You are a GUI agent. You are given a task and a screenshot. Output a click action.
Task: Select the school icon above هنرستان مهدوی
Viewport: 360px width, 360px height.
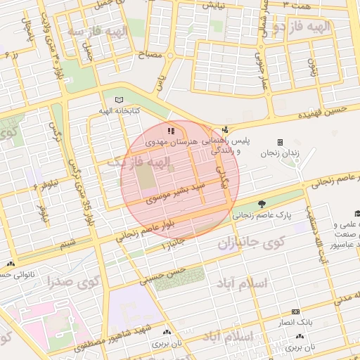pos(169,130)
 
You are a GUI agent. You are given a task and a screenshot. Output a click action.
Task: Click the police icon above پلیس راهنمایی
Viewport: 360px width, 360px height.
pos(225,129)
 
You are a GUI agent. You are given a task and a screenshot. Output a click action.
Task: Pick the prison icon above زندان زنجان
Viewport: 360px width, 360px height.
pos(280,142)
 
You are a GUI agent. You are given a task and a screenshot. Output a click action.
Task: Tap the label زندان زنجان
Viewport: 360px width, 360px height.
pos(280,153)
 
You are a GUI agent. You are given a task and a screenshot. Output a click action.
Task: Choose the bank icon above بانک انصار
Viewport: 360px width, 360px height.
pos(295,311)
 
